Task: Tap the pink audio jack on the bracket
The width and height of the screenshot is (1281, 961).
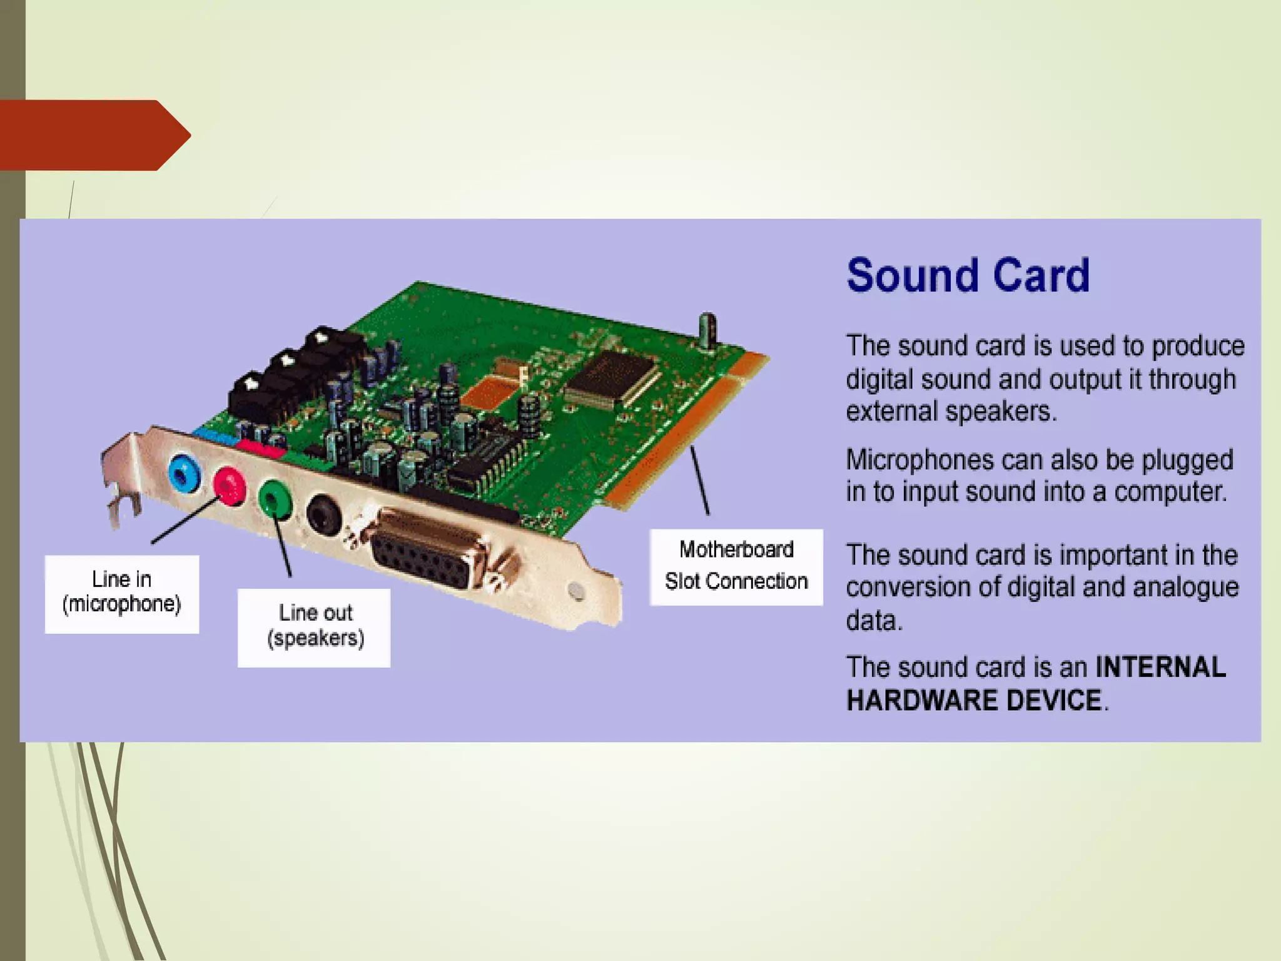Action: coord(229,485)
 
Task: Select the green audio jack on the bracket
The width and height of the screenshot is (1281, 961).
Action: coord(274,498)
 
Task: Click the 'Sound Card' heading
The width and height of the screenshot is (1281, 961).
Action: coord(968,275)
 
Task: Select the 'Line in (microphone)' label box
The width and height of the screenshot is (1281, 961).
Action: coord(122,593)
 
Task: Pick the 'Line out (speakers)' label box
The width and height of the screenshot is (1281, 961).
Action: coord(314,627)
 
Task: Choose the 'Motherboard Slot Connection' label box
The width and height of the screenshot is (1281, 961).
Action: coord(736,566)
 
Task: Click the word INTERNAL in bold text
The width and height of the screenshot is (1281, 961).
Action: coord(1160,667)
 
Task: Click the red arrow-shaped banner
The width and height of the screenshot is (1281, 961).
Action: coord(94,135)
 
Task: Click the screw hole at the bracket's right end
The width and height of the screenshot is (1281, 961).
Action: coord(576,591)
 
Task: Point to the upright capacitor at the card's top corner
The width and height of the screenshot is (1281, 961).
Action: coord(707,329)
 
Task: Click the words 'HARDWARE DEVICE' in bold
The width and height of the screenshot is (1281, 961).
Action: coord(973,700)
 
